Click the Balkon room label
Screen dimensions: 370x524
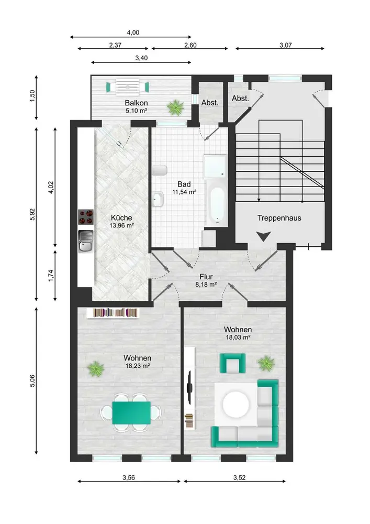point(136,103)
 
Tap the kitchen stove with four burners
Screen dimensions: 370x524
point(86,216)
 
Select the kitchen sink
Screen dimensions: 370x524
point(86,241)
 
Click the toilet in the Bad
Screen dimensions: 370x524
point(159,170)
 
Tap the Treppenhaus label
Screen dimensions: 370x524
point(279,218)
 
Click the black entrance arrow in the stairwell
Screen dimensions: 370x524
point(263,236)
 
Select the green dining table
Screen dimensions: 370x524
point(131,413)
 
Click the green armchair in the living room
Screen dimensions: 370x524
point(232,363)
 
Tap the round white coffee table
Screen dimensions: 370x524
point(235,404)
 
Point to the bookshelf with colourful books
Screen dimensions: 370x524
point(113,313)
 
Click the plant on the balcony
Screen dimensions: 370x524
point(175,107)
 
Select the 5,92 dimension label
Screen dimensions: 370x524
point(32,214)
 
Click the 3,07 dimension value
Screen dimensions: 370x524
point(286,45)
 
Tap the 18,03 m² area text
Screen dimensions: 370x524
point(238,337)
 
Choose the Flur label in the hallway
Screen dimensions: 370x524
point(206,277)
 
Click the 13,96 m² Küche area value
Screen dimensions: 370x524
point(121,225)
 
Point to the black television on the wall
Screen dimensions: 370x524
point(189,386)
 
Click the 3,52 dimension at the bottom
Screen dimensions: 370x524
point(239,477)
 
